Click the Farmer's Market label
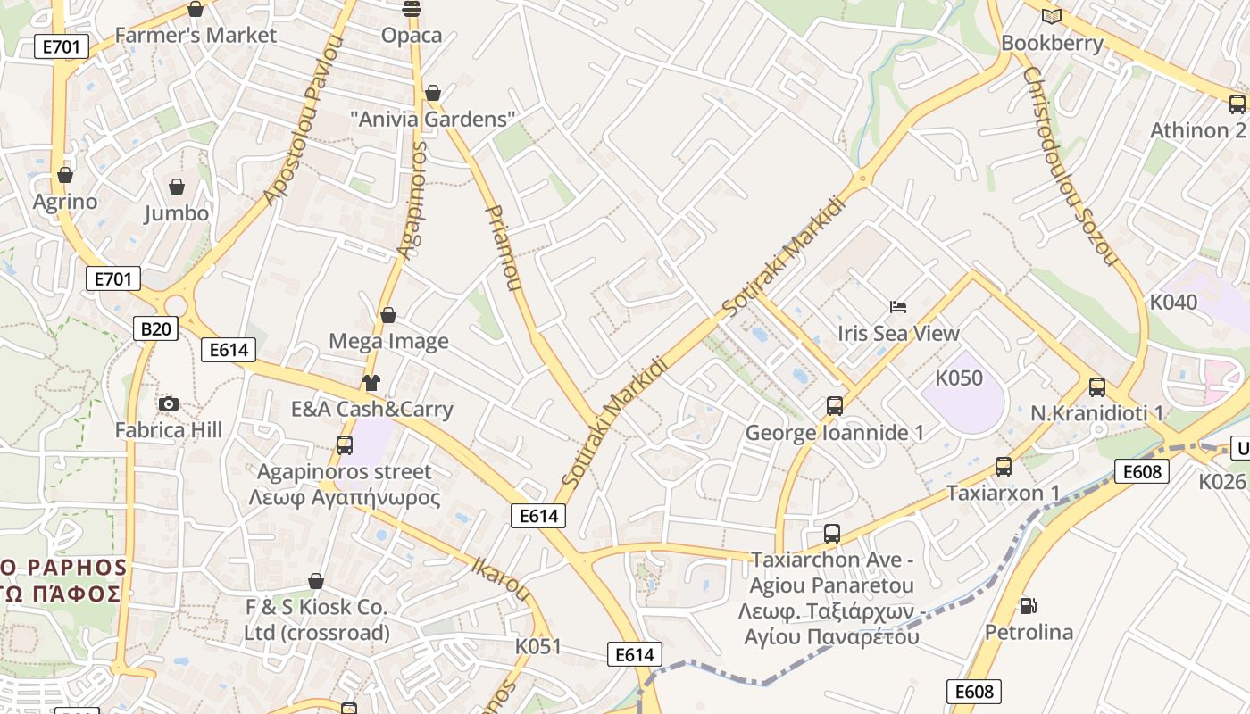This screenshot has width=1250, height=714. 196,36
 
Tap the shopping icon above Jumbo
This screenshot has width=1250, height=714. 177,187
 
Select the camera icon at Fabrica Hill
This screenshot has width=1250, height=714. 168,404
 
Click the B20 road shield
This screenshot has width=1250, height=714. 155,329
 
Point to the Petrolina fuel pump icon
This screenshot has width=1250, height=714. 1029,606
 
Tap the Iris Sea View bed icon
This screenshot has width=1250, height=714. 898,307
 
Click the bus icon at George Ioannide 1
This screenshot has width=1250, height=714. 834,406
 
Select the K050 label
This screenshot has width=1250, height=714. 959,378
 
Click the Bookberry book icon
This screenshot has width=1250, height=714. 1052,16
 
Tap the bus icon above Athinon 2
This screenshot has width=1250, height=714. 1237,104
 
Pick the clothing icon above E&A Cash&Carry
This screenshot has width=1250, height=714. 371,383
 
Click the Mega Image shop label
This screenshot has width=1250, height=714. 388,341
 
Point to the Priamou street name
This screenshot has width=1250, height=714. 501,248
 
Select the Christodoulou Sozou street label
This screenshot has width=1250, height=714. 1070,166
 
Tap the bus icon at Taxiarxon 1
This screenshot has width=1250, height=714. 1003,466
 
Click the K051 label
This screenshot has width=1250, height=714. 538,645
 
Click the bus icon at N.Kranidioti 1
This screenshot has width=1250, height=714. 1096,387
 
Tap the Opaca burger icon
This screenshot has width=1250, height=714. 412,9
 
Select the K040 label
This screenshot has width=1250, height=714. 1173,302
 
